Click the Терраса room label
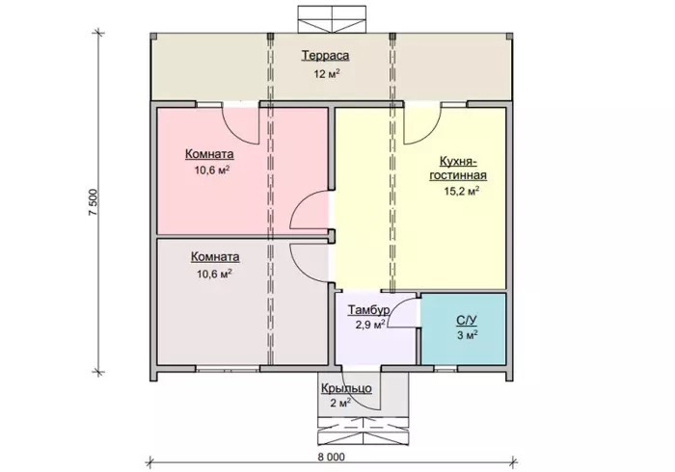coord(325,56)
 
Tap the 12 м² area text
coord(327,73)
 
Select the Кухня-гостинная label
coord(458,168)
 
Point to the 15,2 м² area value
coord(462,191)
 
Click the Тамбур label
coord(369,309)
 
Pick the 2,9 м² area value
coord(369,325)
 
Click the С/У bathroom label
coord(467,320)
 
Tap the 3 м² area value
coord(468,335)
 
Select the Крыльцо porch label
coord(346,388)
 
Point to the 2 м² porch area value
coord(340,403)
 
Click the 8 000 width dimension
coord(331,457)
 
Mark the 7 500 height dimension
coord(94,202)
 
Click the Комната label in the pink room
coord(209,154)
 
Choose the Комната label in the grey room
coord(215,256)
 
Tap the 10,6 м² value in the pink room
coord(212,170)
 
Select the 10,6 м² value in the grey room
coord(214,274)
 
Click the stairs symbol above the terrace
coord(332,19)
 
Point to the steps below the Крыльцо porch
coord(363,431)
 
